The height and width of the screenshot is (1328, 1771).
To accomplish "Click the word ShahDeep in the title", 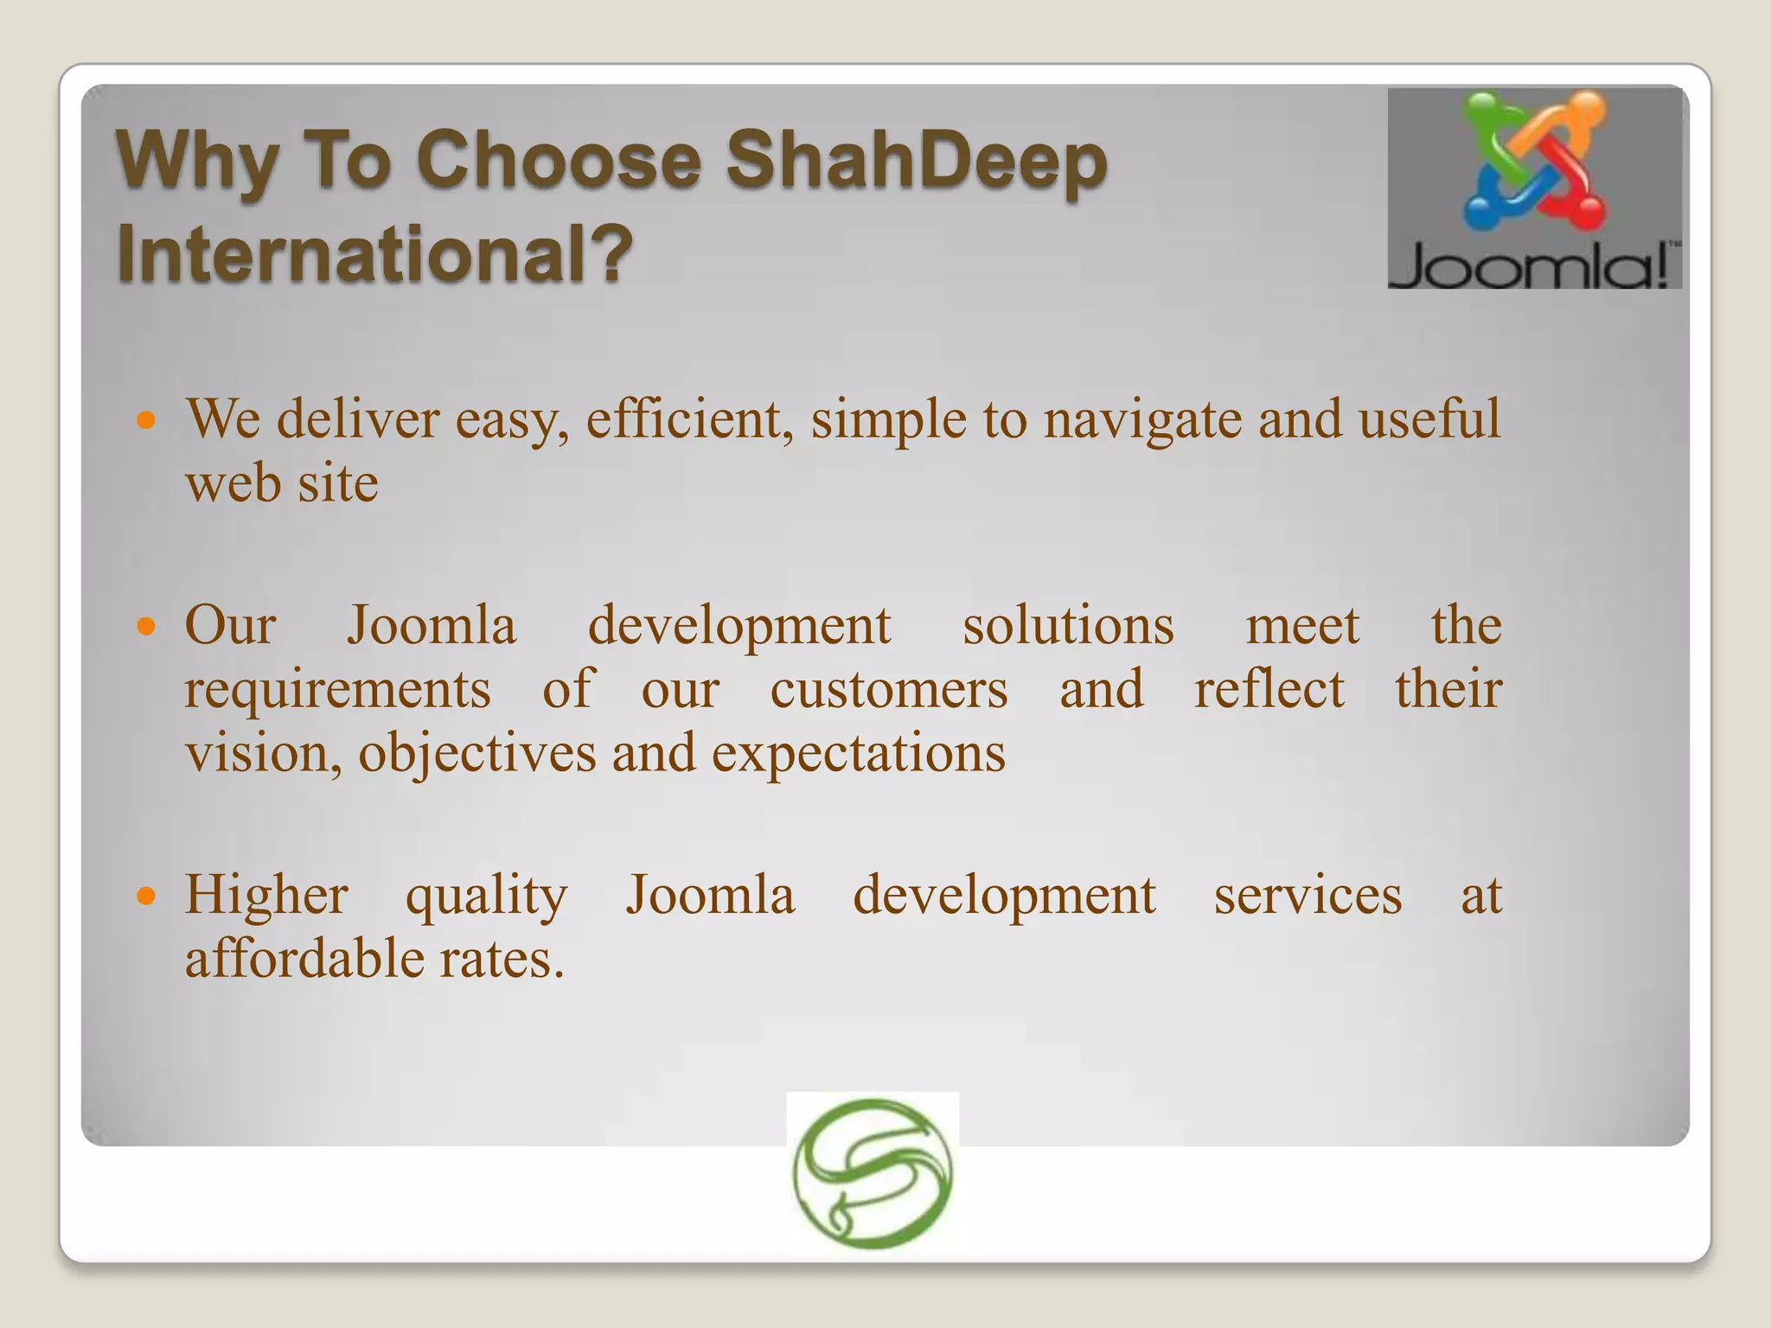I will (x=916, y=160).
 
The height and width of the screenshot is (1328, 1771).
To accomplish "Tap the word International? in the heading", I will (x=374, y=252).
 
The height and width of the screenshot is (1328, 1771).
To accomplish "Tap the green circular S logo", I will (x=873, y=1172).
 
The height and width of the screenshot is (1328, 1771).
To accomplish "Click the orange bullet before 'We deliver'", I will (x=147, y=422).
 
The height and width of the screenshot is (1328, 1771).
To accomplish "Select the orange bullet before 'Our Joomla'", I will (x=147, y=626).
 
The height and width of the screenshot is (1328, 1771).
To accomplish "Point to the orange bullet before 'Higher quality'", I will (x=147, y=896).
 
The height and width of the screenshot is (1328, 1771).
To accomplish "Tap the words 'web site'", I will (x=282, y=483).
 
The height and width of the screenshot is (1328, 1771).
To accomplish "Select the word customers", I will (x=889, y=690).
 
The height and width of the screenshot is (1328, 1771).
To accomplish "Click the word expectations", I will (x=859, y=753).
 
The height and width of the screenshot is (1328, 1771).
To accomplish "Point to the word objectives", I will (x=477, y=753).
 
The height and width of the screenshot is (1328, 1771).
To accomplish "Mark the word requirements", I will (x=337, y=690).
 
